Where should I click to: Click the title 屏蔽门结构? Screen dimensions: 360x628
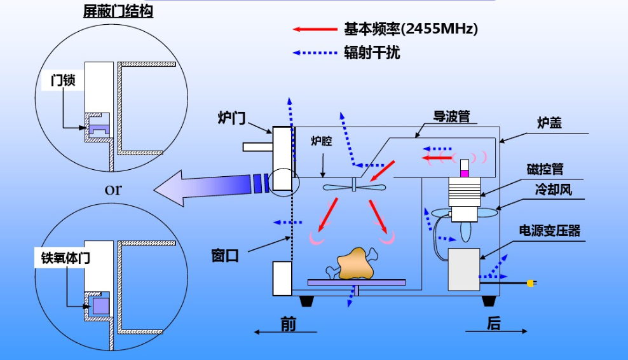click(x=118, y=11)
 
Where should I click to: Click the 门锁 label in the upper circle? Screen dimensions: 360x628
click(x=63, y=80)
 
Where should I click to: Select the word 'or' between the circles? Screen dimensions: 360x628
click(x=113, y=189)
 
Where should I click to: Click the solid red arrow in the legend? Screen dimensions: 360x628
click(x=314, y=29)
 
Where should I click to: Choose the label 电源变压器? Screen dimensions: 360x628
click(x=550, y=230)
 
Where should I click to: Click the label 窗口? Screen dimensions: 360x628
click(x=225, y=256)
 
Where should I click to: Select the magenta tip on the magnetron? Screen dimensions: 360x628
click(x=464, y=172)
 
